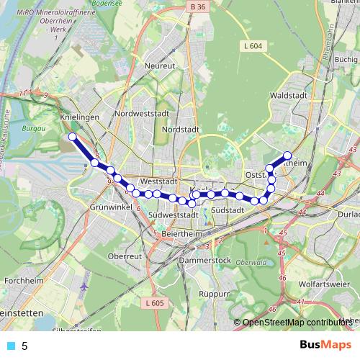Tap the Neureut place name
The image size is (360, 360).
(160, 66)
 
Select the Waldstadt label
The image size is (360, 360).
(284, 94)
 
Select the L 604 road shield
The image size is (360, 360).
(251, 45)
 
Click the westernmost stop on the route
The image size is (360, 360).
(72, 136)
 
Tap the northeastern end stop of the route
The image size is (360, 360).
(287, 155)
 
